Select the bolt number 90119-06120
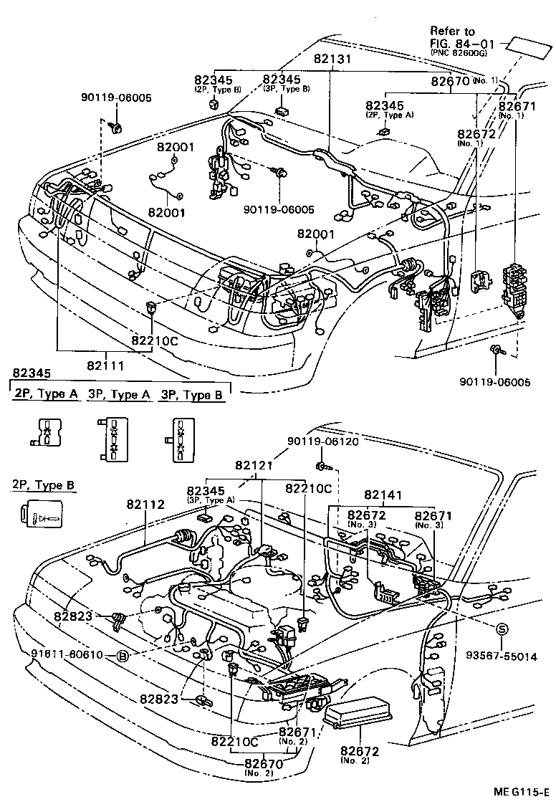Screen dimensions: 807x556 coord(322,442)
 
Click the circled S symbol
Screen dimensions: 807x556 coord(503,629)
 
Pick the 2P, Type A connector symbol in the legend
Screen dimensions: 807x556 coord(47,434)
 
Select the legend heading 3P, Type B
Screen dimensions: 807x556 coord(191,395)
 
